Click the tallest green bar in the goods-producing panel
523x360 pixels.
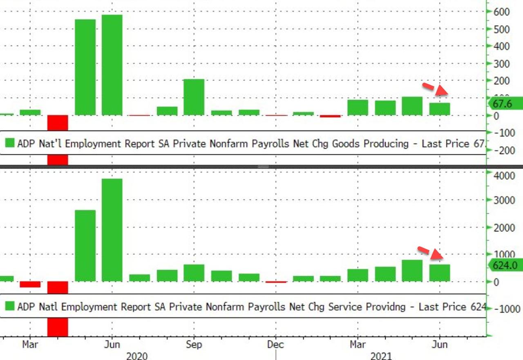point(112,65)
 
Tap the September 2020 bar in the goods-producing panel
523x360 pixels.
point(194,97)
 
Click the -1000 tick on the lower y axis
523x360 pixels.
point(506,309)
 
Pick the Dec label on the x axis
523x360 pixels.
point(276,344)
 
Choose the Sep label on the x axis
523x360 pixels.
point(194,344)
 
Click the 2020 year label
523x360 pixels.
point(136,356)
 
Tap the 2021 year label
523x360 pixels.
point(381,356)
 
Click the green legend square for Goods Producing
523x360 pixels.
point(9,143)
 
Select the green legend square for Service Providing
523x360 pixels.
point(9,306)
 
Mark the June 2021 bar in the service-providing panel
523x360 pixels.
point(440,273)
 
